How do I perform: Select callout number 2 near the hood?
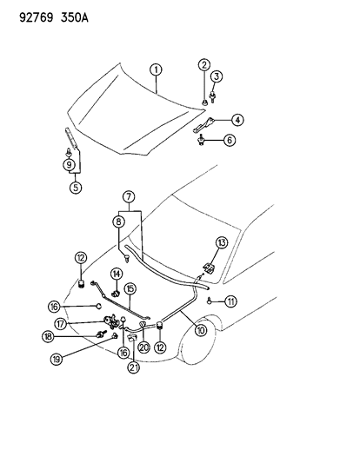pyautogui.click(x=203, y=65)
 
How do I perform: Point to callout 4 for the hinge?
pyautogui.click(x=237, y=120)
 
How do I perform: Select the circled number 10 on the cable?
pyautogui.click(x=203, y=329)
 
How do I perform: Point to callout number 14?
pyautogui.click(x=116, y=273)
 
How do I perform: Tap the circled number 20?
pyautogui.click(x=144, y=347)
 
